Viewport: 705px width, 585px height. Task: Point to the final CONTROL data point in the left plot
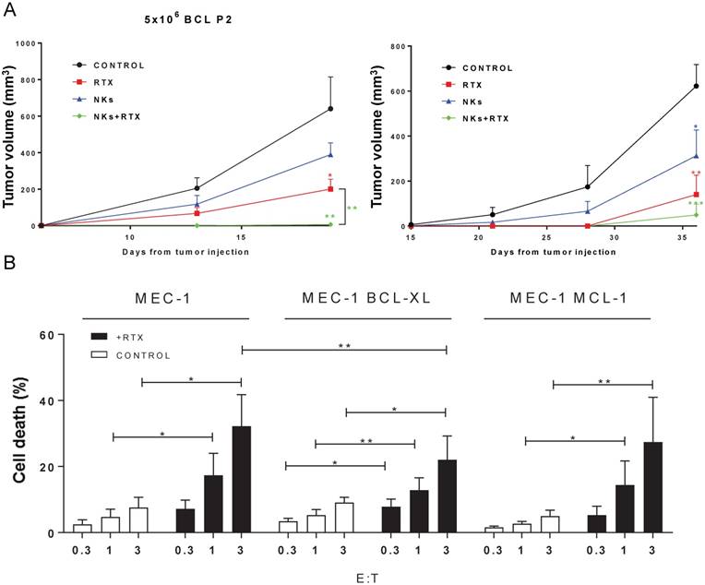coord(330,109)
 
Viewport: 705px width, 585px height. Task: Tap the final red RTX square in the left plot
coord(330,189)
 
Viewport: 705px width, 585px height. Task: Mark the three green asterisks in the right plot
coord(696,204)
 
